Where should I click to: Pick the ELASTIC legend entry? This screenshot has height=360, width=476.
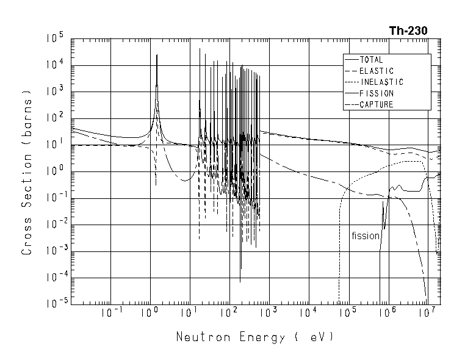[376, 71]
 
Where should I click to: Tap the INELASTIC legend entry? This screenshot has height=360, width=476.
[381, 82]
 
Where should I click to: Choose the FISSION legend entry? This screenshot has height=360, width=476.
[376, 93]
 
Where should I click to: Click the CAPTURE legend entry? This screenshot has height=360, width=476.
[376, 104]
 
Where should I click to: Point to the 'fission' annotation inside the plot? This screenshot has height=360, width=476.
[365, 236]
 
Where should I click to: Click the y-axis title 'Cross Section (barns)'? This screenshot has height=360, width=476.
[26, 174]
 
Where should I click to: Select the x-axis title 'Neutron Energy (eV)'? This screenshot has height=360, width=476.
[255, 336]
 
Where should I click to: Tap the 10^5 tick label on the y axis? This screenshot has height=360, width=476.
[55, 39]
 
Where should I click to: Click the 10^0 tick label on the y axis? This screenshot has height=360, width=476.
[55, 171]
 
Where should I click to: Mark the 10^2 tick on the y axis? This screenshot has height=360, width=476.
[55, 118]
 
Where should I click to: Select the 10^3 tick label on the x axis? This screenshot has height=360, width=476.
[269, 314]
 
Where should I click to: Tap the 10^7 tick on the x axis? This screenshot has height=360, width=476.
[427, 314]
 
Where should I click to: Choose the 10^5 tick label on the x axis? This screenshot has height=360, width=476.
[348, 314]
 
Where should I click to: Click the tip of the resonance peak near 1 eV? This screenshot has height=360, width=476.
[157, 55]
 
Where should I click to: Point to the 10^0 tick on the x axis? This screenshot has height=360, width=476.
[150, 314]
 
